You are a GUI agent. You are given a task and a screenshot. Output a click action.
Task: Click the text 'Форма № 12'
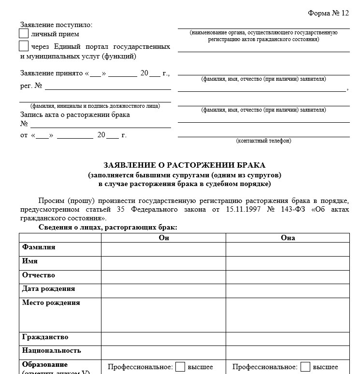pos(328,13)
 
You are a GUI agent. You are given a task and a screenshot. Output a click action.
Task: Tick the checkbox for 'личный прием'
pos(24,34)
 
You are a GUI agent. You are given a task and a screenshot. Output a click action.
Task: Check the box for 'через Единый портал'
pos(24,46)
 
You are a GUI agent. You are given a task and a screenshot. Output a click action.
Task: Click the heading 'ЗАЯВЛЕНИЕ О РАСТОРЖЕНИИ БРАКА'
pos(184,165)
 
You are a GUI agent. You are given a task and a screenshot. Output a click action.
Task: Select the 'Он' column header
pos(163,238)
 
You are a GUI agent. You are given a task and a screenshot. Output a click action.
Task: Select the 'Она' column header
pos(288,238)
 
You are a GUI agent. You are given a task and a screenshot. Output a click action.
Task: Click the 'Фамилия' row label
pos(39,247)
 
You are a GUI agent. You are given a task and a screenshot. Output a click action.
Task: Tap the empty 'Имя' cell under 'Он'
pos(163,263)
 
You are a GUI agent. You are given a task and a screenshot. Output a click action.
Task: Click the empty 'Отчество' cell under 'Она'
pos(288,276)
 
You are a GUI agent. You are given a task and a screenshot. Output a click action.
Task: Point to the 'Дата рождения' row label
pos(48,289)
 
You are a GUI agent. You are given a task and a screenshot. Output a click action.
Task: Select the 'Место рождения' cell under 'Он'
pos(163,315)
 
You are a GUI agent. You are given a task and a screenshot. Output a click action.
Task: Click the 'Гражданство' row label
pos(45,337)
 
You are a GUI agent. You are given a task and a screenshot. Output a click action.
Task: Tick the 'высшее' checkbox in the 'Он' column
pos(180,367)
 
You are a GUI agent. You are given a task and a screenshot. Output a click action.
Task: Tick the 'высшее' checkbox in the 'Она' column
pos(305,367)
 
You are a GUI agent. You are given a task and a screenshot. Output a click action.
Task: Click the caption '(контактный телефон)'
pos(263,141)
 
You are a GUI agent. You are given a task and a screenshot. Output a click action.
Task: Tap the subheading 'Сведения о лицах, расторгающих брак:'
pos(108,227)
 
